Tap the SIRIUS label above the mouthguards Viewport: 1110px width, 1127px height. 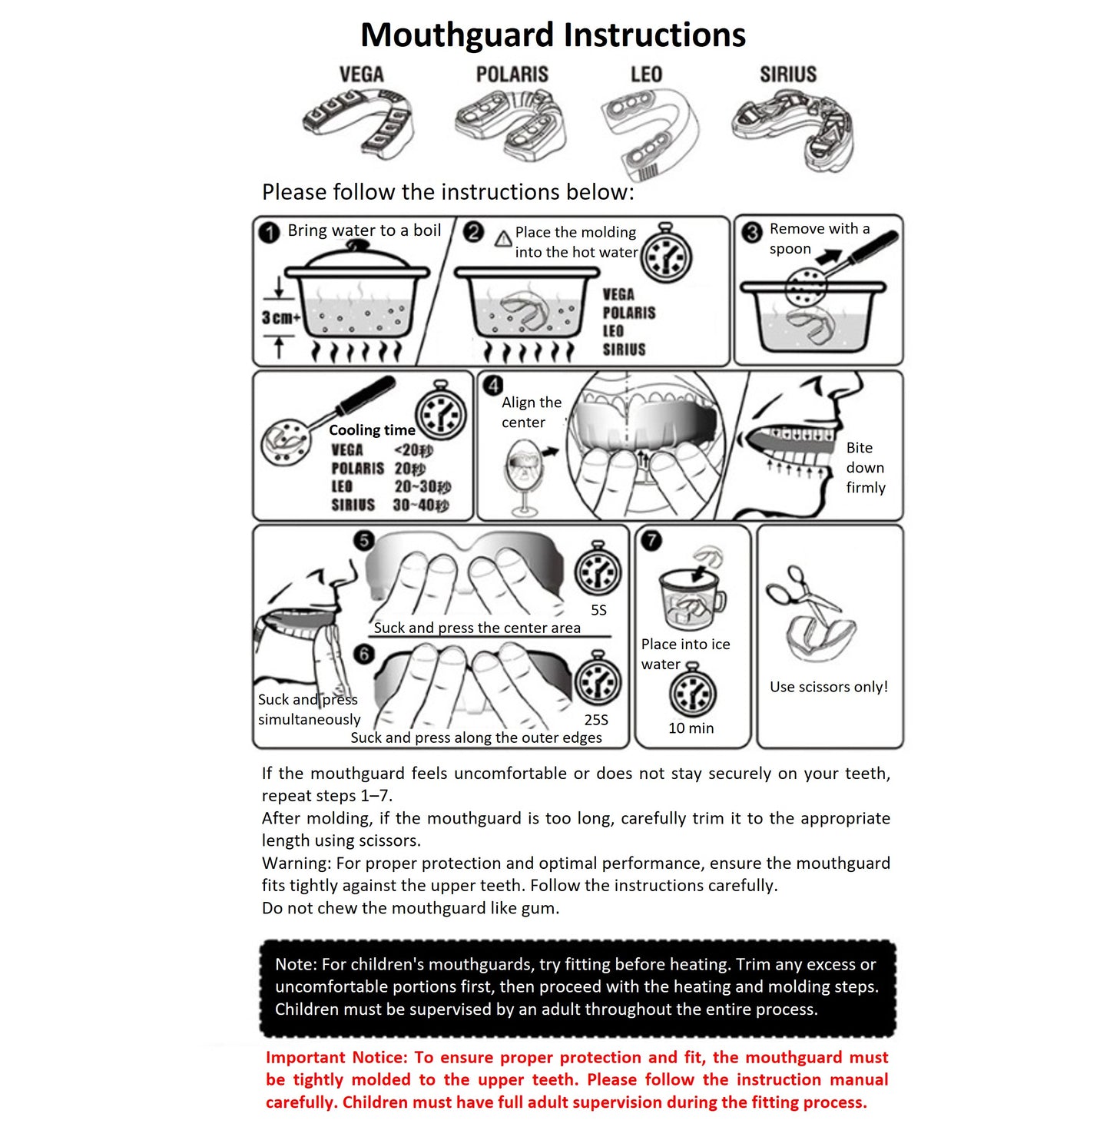tap(787, 75)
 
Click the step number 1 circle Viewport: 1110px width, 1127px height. tap(269, 232)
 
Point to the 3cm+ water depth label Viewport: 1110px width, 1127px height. tap(280, 317)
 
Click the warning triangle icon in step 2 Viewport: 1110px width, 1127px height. tap(503, 238)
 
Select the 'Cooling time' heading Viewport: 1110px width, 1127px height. tap(372, 430)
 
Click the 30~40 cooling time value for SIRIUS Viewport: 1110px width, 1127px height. tap(420, 505)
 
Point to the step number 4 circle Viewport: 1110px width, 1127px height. tap(493, 385)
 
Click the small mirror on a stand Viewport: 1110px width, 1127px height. tap(524, 472)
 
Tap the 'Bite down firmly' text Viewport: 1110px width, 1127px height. tap(865, 467)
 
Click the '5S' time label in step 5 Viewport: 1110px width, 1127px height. tap(598, 610)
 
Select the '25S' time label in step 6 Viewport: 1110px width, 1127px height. tap(596, 720)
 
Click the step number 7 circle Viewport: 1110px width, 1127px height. tap(651, 540)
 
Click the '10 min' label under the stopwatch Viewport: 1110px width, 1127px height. tap(691, 728)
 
